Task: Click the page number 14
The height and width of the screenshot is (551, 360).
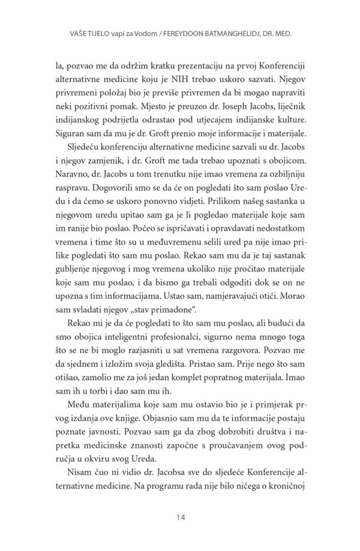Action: coord(179,516)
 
